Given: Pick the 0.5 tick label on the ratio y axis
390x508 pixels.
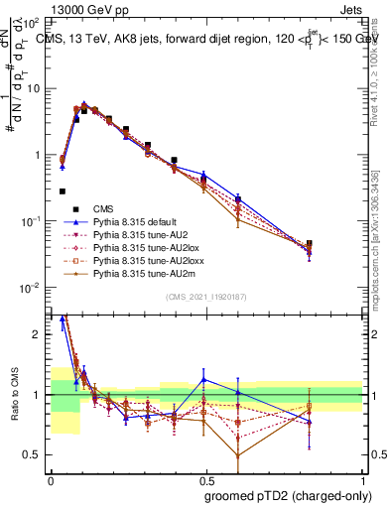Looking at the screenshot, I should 35,454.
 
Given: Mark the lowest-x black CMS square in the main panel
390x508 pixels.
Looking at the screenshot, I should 62,191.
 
